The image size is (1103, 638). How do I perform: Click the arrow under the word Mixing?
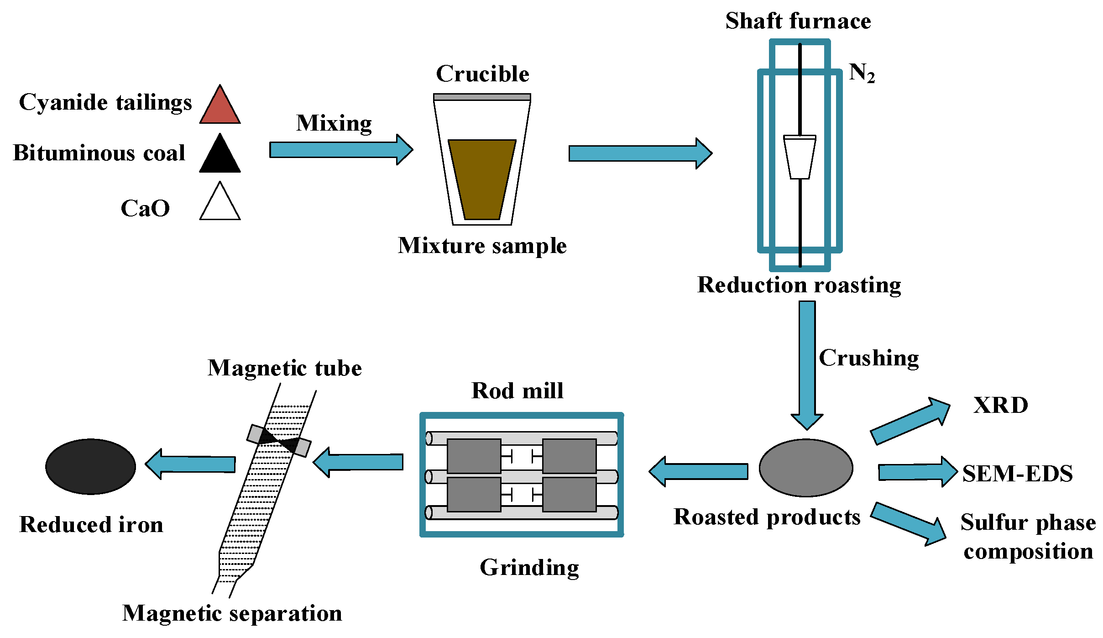coord(341,149)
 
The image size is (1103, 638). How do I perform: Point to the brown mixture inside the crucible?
coord(482,179)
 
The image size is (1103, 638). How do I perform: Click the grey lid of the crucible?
coord(482,97)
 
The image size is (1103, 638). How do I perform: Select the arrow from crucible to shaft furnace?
coord(640,153)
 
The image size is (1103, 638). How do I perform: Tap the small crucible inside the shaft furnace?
coord(800,157)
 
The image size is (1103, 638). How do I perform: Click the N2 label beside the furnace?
coord(862,73)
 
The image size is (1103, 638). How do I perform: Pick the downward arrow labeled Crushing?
coord(807,365)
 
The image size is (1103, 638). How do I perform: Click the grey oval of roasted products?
coord(806,468)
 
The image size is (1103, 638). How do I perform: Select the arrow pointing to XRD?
coord(910,421)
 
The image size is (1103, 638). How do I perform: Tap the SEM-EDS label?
coord(1018,473)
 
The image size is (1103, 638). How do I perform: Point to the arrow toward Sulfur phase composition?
coord(909,524)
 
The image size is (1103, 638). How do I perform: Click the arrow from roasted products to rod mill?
coord(698,471)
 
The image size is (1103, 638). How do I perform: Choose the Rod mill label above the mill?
coord(518,391)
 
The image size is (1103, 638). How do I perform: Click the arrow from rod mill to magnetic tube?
coord(358,462)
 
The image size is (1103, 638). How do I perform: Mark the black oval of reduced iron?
coord(91,466)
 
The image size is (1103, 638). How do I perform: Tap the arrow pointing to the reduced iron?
coord(190,464)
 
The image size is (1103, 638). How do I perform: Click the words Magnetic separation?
coord(232,613)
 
